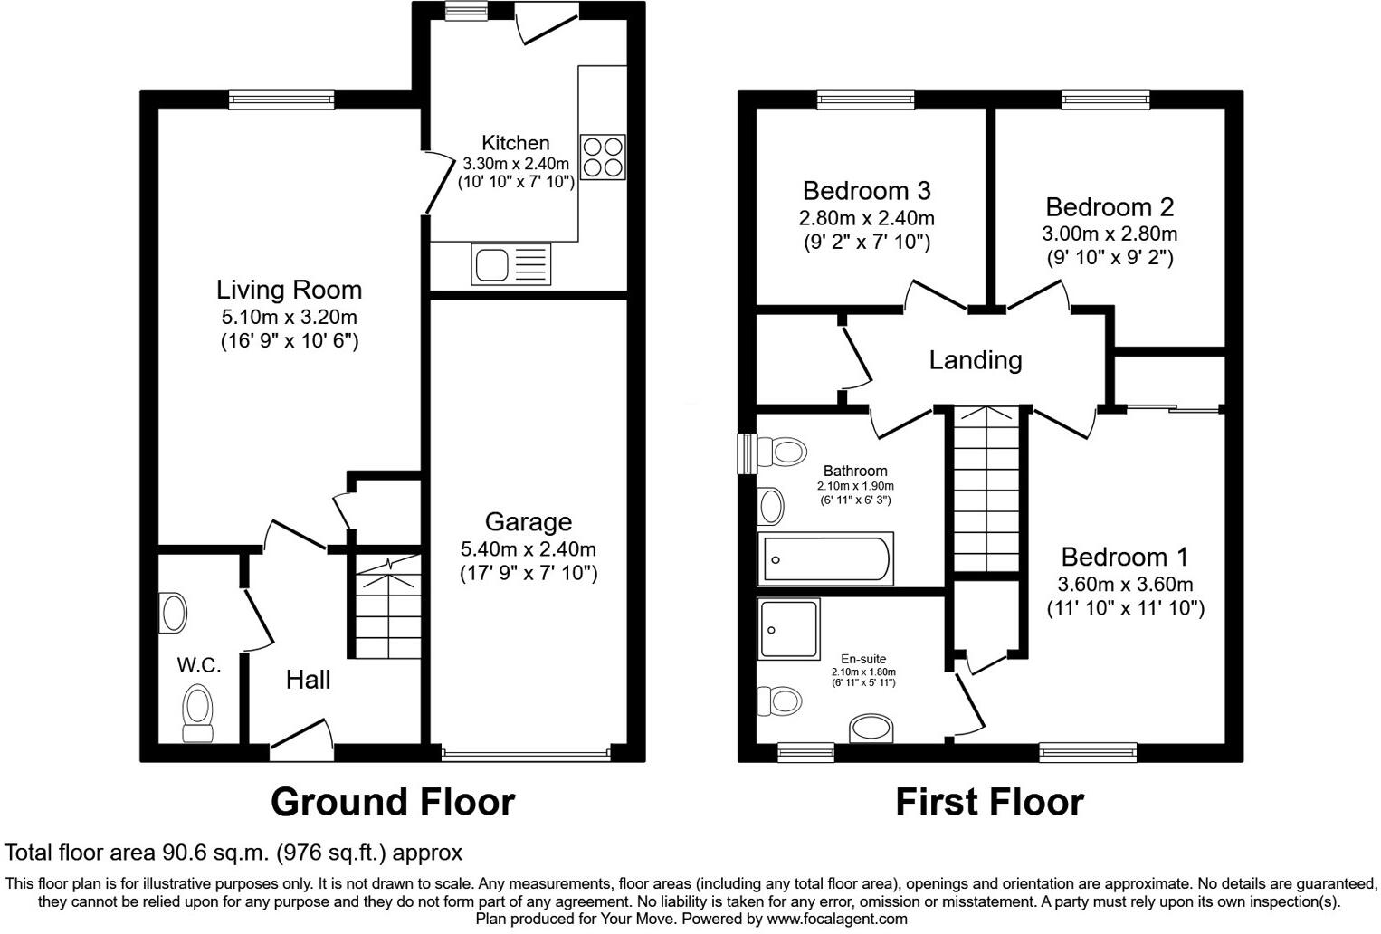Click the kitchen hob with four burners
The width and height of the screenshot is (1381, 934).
pos(602,157)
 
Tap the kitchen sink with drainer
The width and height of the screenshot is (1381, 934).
pos(510,265)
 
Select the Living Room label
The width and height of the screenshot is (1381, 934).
pos(289,290)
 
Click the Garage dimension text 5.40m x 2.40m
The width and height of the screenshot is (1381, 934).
pos(529,548)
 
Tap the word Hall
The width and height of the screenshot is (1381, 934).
pos(308,680)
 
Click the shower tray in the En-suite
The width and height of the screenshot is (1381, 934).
pos(788,629)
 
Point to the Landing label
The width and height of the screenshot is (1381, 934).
pos(976,360)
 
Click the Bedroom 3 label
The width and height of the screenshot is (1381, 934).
pos(866,191)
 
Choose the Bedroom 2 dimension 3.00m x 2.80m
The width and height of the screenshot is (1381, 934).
pos(1110,233)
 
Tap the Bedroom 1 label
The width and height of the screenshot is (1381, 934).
pos(1125,557)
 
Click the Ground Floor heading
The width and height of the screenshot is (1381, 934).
pos(393,802)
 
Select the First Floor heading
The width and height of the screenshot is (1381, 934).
pos(989,802)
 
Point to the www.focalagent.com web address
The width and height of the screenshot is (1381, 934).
pos(836,919)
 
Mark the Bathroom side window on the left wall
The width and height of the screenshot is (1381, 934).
pos(747,453)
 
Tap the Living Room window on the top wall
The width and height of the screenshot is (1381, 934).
pos(281,100)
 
